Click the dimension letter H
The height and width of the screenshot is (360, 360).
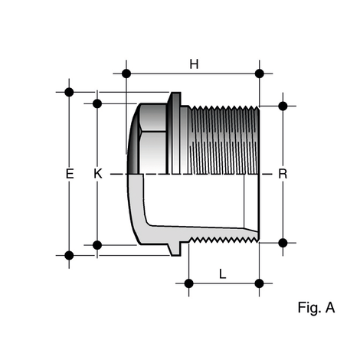coord(194,64)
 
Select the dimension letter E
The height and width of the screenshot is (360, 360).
coord(69,174)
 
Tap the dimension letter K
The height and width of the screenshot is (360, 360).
coord(97,174)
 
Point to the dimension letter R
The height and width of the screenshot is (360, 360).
coord(283,174)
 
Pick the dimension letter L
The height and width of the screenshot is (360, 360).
coord(223,273)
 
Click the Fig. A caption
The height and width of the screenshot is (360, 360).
coord(316,308)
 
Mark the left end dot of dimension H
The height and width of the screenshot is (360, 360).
coord(126,74)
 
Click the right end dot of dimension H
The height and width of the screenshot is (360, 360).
coord(259,74)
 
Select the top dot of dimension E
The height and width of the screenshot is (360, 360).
coord(69,92)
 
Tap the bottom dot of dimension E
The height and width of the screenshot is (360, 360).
coord(69,254)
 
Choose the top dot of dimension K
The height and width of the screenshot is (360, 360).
coord(97,103)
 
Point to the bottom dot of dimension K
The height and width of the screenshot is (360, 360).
coord(97,244)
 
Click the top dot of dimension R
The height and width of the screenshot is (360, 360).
coord(283,105)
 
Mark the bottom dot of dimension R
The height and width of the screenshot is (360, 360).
coord(283,242)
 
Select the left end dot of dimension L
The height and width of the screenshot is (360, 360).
coord(188,283)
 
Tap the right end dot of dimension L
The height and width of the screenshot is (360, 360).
coord(259,283)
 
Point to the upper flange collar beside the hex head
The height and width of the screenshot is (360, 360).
coord(175,134)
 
